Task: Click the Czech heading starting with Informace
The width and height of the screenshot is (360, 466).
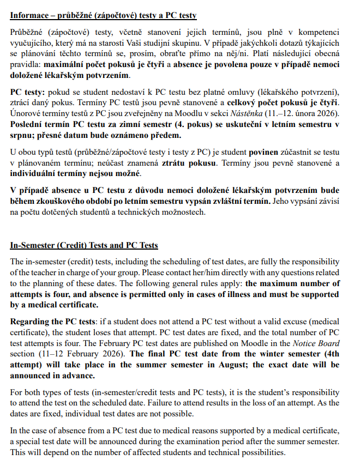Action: tap(104, 15)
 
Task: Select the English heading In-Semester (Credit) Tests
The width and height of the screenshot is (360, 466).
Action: tap(84, 245)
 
